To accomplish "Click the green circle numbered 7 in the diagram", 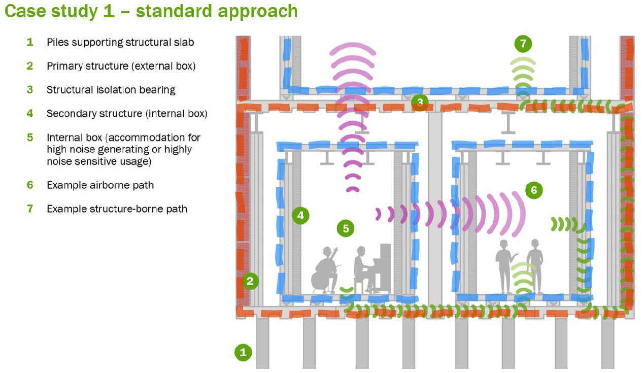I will (x=523, y=44).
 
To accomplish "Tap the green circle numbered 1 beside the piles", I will (x=243, y=352).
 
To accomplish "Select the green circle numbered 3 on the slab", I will (x=420, y=103).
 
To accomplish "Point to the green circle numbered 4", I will (x=300, y=216).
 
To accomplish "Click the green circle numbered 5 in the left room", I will (x=346, y=228).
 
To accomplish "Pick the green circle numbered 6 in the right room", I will (x=533, y=190).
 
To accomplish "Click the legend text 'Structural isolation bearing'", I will (x=111, y=90).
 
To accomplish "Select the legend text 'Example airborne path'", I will (x=100, y=185).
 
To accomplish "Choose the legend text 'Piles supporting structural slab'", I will (x=120, y=42).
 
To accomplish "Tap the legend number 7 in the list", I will (x=30, y=209).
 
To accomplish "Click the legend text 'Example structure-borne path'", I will (x=117, y=209).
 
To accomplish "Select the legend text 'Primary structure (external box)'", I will (x=121, y=66).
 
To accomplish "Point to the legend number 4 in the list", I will (x=30, y=114).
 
